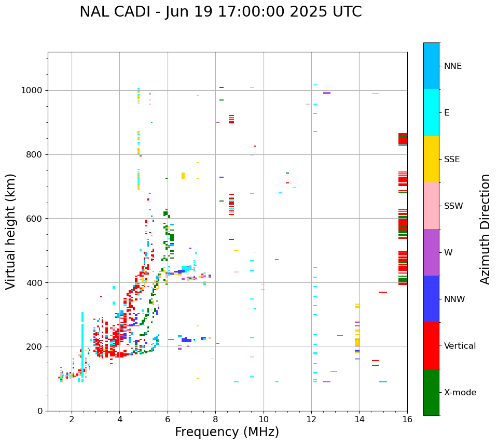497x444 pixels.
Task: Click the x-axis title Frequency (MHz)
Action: [227, 432]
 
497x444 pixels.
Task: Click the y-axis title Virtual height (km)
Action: [11, 232]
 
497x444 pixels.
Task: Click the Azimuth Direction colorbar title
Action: [485, 229]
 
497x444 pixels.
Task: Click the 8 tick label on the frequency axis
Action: [216, 419]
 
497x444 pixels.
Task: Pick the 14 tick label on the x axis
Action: [360, 419]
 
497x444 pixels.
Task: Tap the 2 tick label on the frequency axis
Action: [72, 419]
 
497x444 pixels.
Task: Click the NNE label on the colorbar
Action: [453, 66]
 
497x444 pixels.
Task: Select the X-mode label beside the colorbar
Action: [460, 393]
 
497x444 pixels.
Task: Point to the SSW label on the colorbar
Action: [453, 206]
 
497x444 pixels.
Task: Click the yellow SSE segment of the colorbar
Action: [431, 159]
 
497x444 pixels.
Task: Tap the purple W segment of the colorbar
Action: [431, 252]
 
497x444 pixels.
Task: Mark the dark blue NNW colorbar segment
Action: [431, 299]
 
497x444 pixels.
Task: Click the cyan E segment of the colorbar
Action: [431, 112]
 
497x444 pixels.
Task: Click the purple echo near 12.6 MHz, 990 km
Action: [327, 93]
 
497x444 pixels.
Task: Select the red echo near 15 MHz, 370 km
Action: [383, 292]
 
